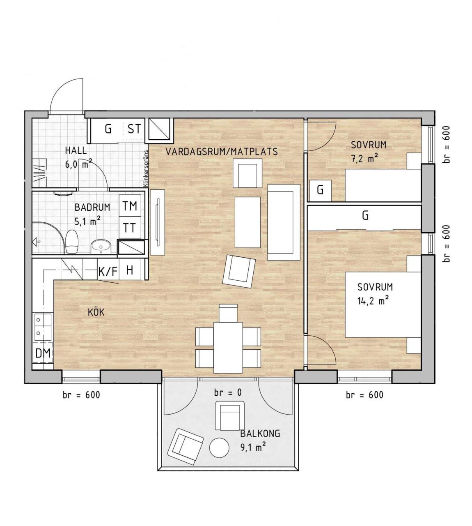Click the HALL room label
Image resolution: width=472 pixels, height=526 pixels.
(x=76, y=150)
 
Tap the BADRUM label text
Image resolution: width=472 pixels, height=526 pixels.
(x=92, y=207)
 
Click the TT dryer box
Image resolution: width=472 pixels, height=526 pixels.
(x=130, y=227)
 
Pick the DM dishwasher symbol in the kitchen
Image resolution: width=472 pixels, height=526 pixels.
(x=43, y=353)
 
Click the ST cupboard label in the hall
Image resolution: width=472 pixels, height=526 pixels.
(x=134, y=129)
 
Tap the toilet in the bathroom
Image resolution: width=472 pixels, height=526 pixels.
(x=72, y=242)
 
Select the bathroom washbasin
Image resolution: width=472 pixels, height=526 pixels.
(x=101, y=247)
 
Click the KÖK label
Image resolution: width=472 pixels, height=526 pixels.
(x=96, y=312)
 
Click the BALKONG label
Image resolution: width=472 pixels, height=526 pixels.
(x=260, y=434)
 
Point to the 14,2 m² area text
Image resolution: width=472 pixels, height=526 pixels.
(x=373, y=301)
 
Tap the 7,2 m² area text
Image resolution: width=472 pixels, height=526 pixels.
(x=364, y=158)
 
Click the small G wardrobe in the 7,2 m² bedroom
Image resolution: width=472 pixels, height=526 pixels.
(x=321, y=191)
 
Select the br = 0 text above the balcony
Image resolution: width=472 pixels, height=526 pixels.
(x=228, y=392)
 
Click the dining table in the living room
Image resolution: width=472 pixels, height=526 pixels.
(x=228, y=347)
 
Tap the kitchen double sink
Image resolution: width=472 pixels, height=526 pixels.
(x=43, y=327)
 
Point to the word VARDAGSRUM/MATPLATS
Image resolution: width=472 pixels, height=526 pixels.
(x=222, y=151)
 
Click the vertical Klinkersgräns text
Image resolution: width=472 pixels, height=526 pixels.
(x=146, y=168)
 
